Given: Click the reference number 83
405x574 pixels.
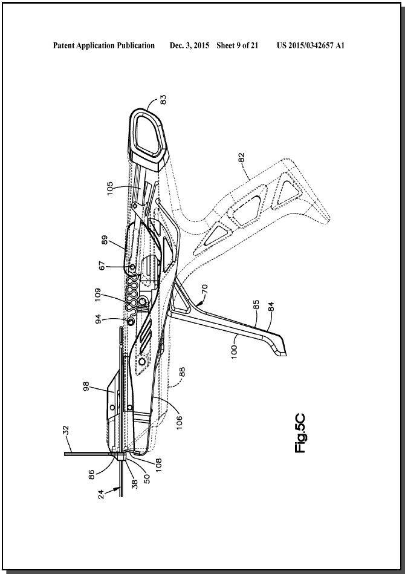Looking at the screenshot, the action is point(164,99).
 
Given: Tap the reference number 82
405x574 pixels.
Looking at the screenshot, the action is point(241,157).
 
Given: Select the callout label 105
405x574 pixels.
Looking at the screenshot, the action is point(110,189).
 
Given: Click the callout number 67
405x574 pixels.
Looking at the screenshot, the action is point(102,265).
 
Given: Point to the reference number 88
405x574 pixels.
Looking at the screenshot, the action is point(182,372).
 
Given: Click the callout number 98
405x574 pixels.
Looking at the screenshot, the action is point(87,386).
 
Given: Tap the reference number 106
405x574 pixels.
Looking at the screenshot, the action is point(180,422).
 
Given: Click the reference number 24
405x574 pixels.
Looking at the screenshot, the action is point(102,494).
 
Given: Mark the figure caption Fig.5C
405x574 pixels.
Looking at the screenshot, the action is point(300,434).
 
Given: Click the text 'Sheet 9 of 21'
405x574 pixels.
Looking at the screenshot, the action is point(238,45).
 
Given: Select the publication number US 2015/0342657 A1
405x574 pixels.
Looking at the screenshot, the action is point(311,45).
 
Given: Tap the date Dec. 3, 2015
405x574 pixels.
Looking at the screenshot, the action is point(190,45).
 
